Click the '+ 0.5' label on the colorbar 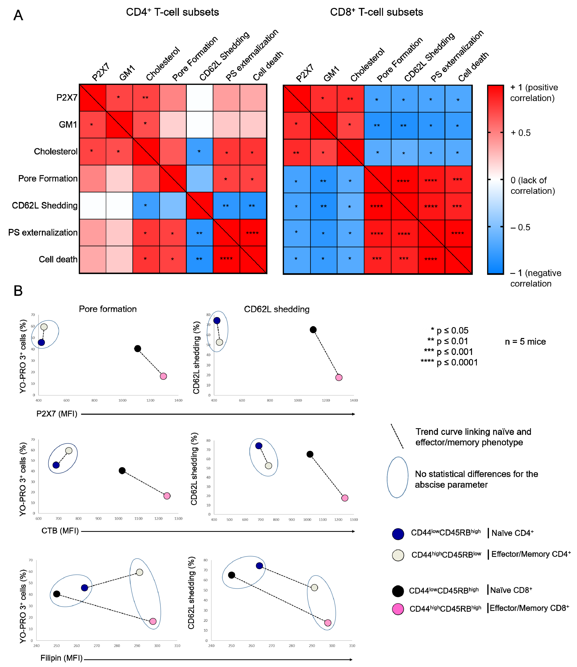(x=521, y=133)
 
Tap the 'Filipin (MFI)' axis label (x=61, y=658)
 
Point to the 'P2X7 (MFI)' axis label (x=57, y=414)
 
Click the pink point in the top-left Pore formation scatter (x=163, y=376)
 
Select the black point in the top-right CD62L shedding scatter (x=313, y=330)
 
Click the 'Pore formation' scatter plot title (x=108, y=309)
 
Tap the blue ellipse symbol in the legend (x=398, y=477)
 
